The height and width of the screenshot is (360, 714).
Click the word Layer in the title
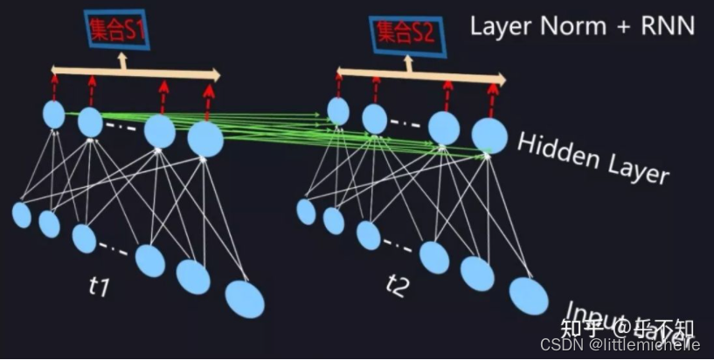(x=499, y=25)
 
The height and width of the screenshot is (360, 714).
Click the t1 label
(x=101, y=286)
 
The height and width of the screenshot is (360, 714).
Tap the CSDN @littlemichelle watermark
(x=620, y=345)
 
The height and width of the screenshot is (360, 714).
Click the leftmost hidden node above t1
(x=55, y=114)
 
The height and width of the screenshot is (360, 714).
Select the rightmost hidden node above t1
(x=205, y=138)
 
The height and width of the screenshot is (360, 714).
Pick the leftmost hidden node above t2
(x=338, y=111)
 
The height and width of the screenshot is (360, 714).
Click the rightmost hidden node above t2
(x=489, y=134)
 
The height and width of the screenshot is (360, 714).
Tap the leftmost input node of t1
(x=22, y=214)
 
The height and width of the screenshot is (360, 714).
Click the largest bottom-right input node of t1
(x=245, y=299)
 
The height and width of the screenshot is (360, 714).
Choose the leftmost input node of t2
(x=306, y=211)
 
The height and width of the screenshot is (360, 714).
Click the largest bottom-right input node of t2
(x=528, y=294)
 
